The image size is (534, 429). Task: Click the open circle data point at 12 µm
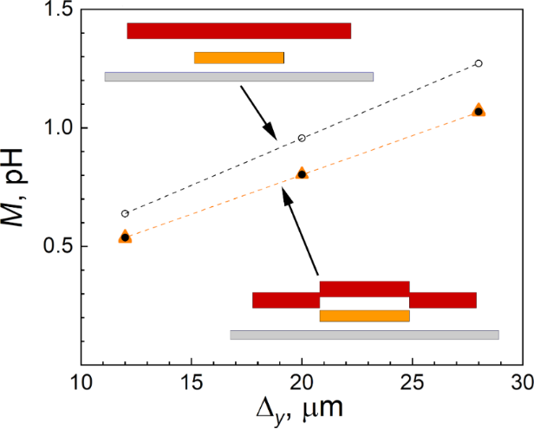pyautogui.click(x=125, y=213)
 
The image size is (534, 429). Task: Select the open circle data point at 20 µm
pyautogui.click(x=302, y=138)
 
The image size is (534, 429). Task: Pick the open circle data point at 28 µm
pyautogui.click(x=479, y=63)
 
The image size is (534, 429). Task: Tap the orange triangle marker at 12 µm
pyautogui.click(x=125, y=237)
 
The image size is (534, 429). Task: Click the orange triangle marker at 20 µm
pyautogui.click(x=302, y=173)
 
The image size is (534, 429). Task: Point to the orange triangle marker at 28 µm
pyautogui.click(x=479, y=111)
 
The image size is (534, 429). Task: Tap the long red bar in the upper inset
pyautogui.click(x=238, y=31)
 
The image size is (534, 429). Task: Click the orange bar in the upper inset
pyautogui.click(x=239, y=58)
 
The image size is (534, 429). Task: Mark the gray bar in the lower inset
pyautogui.click(x=364, y=335)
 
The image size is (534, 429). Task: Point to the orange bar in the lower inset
pyautogui.click(x=364, y=315)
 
